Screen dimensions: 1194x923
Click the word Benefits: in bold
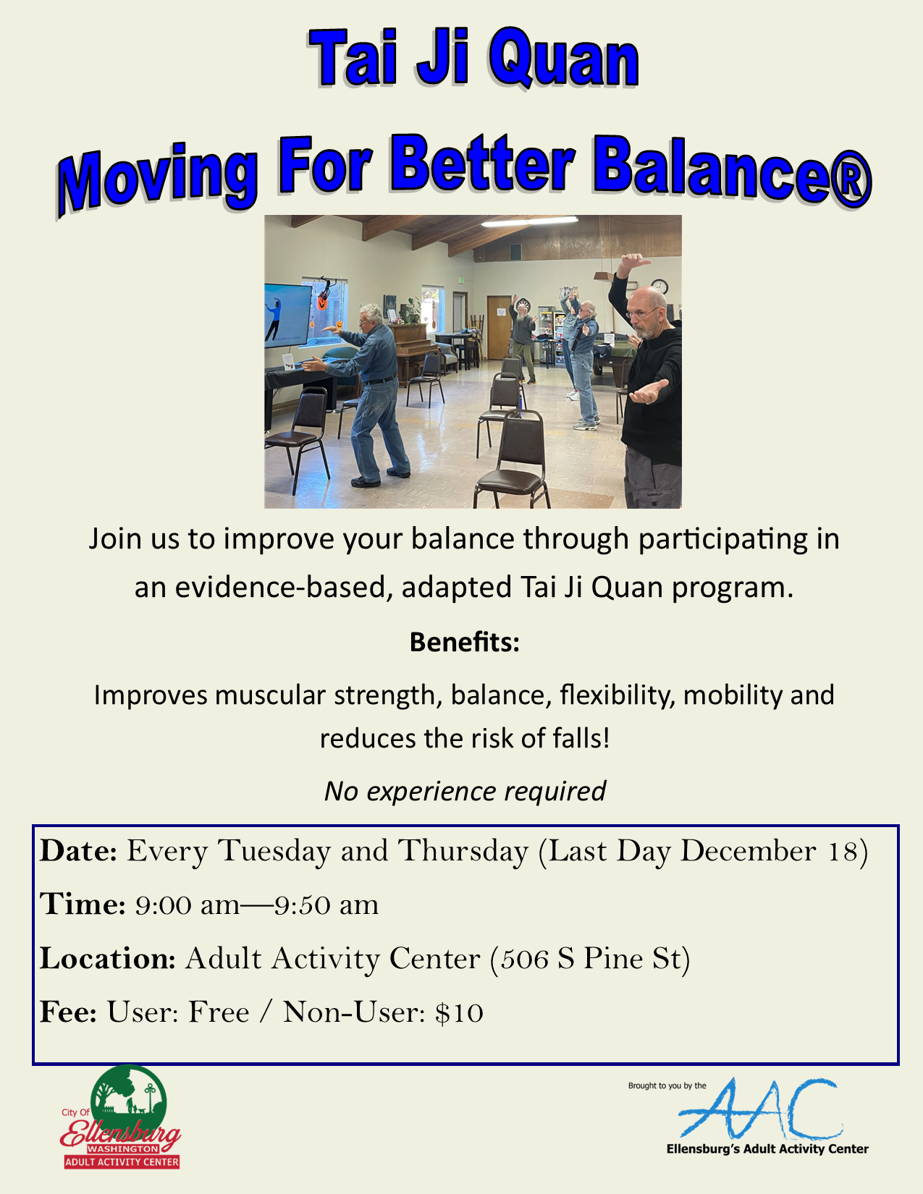[x=464, y=642]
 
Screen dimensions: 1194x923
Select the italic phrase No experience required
[x=464, y=791]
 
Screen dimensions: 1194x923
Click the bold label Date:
[x=78, y=851]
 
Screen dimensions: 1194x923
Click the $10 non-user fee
[x=459, y=1012]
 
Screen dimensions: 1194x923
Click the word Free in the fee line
[x=219, y=1012]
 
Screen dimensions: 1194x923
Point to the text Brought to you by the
[x=667, y=1085]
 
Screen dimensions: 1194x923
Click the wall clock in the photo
[x=659, y=287]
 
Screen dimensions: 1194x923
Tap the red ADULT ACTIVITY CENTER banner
[x=122, y=1162]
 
